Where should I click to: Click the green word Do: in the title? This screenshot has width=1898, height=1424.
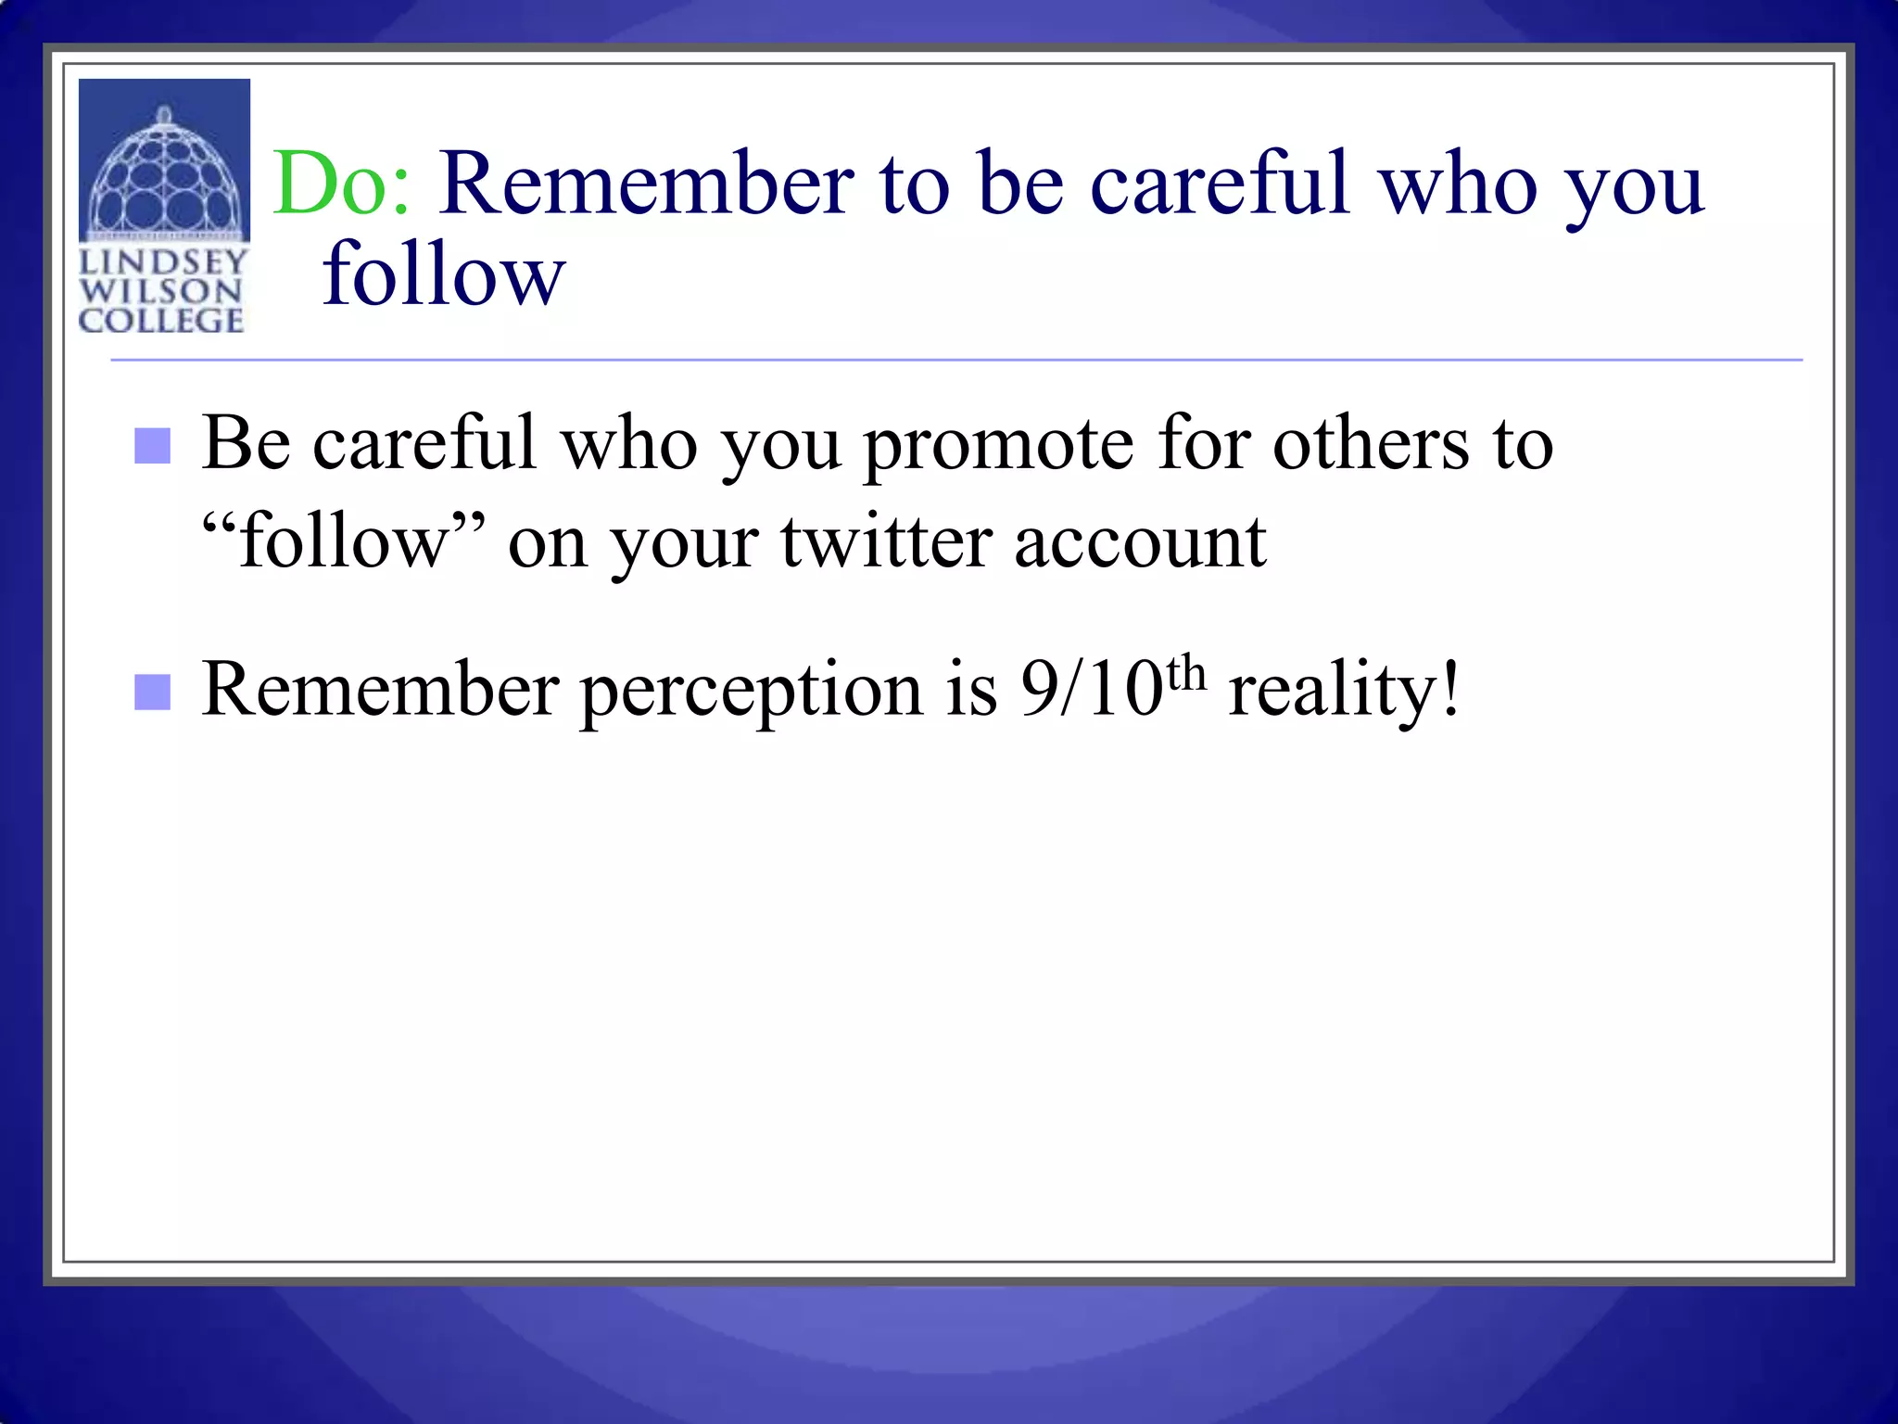click(341, 185)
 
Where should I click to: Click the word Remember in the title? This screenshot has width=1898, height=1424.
click(645, 184)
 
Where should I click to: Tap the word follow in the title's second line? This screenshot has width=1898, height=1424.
click(443, 274)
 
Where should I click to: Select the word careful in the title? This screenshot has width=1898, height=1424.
click(1219, 184)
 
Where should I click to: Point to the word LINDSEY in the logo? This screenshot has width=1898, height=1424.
click(163, 262)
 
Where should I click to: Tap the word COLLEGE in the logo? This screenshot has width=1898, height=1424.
click(161, 321)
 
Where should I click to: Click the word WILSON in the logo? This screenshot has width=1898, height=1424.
click(161, 291)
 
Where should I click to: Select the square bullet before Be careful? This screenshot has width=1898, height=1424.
click(152, 446)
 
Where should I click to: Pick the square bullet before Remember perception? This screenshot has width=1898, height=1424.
click(152, 692)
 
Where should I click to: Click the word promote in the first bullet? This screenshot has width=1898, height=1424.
click(998, 445)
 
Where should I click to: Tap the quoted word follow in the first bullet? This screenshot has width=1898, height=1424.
click(343, 542)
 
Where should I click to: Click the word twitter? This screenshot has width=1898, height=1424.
click(885, 542)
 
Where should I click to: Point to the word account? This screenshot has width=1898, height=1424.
click(1140, 542)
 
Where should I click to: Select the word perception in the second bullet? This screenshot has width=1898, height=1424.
click(751, 692)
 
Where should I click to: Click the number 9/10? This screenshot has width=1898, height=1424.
click(1091, 691)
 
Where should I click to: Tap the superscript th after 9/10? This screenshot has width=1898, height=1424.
click(1186, 673)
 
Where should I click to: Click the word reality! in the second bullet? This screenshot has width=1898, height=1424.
click(1344, 692)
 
